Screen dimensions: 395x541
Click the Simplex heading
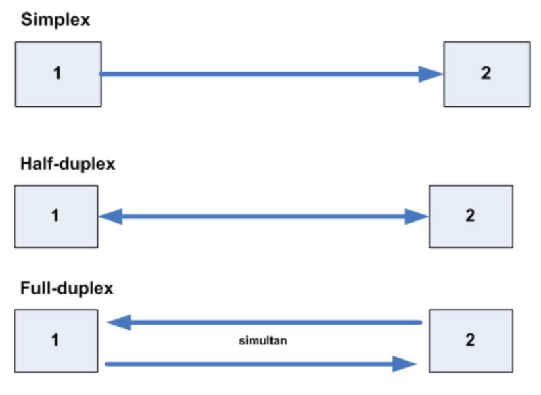pyautogui.click(x=55, y=20)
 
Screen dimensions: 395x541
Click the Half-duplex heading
pyautogui.click(x=68, y=164)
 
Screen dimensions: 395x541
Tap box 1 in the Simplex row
pyautogui.click(x=58, y=74)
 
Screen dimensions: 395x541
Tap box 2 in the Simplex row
pyautogui.click(x=486, y=74)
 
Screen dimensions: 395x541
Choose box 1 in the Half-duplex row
pyautogui.click(x=55, y=216)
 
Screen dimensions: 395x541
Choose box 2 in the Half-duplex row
pyautogui.click(x=471, y=216)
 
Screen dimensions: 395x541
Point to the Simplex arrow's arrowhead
pyautogui.click(x=430, y=74)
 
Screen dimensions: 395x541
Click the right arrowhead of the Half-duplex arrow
pyautogui.click(x=417, y=216)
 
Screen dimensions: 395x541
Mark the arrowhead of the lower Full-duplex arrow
pyautogui.click(x=404, y=364)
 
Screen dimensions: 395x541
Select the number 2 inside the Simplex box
pyautogui.click(x=486, y=74)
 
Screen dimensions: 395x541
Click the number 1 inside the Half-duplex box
pyautogui.click(x=55, y=216)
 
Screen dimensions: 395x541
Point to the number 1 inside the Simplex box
pyautogui.click(x=57, y=74)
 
